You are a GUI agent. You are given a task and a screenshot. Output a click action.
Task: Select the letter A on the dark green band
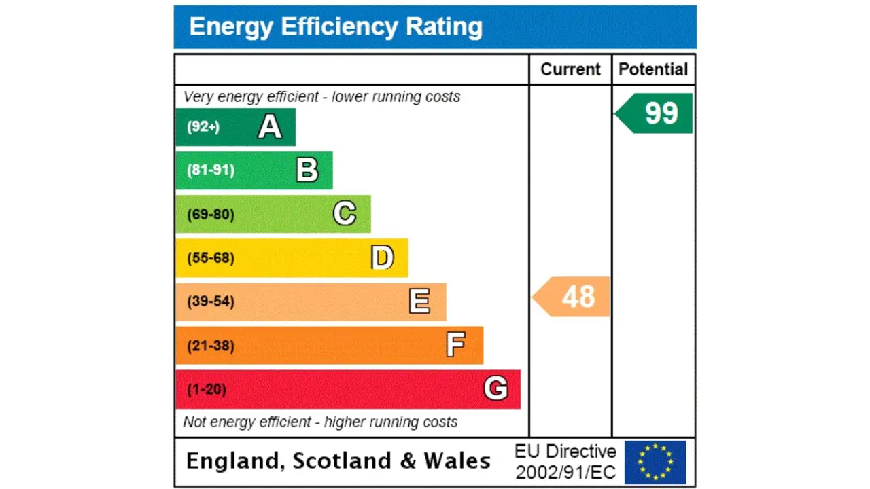coord(270,127)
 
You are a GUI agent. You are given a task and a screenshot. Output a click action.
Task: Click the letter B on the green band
coord(307,170)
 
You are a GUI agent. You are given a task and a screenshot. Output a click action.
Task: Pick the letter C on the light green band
coord(345,214)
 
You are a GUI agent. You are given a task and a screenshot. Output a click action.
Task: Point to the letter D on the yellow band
coord(382,257)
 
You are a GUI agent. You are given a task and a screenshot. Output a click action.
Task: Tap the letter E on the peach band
coord(419,301)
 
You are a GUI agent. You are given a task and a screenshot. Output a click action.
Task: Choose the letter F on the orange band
coord(455,345)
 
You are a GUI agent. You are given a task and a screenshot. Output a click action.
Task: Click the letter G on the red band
coord(495,388)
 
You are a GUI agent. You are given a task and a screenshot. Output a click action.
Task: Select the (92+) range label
coord(203,127)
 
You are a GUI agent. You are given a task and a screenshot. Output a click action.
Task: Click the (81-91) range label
coord(211,170)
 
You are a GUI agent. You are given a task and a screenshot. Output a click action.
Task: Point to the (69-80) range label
coord(211,214)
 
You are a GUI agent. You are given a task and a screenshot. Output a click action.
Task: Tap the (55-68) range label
coord(211,257)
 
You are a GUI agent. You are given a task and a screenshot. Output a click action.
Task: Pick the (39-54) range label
coord(211,301)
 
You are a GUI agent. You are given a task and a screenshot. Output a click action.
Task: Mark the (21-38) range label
coord(211,346)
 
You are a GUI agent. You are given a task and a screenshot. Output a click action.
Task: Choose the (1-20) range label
coord(207,389)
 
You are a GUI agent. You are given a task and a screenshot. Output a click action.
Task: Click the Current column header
coord(570,69)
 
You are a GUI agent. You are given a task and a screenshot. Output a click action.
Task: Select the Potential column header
coord(653,69)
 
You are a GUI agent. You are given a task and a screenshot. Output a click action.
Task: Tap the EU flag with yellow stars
coord(655,462)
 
